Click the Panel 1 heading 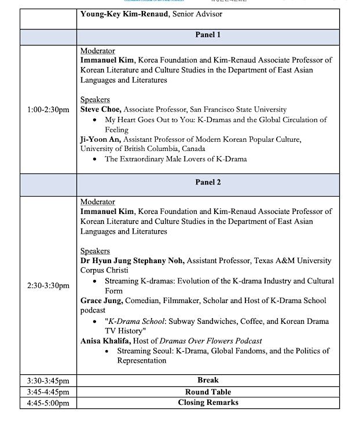click(208, 35)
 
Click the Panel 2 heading click(208, 182)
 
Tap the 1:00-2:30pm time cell click(48, 109)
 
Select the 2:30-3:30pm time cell click(48, 286)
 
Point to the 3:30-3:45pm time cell click(48, 381)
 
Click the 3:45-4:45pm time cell click(48, 392)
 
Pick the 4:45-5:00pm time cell click(48, 403)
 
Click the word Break click(208, 380)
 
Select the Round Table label click(208, 392)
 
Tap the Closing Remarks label click(208, 403)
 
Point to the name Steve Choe click(101, 109)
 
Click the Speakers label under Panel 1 click(95, 99)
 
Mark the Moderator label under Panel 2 click(97, 202)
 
